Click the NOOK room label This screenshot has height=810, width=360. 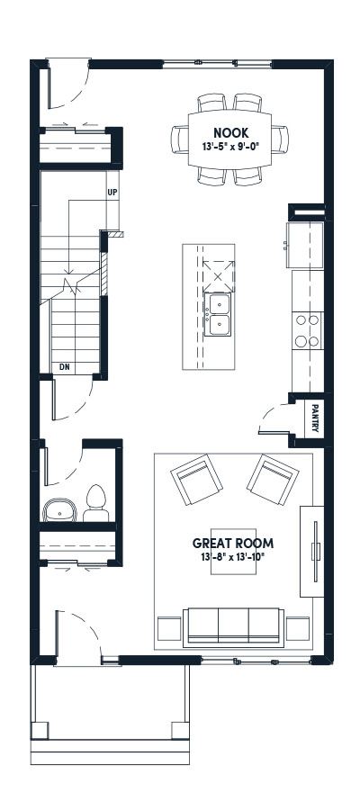click(x=229, y=133)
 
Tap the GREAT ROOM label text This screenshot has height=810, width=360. click(x=233, y=543)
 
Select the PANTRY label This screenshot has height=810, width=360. click(x=314, y=418)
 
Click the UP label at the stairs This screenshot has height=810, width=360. click(x=112, y=193)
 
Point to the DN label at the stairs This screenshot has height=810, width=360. click(x=65, y=367)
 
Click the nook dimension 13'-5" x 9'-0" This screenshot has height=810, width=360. click(x=229, y=147)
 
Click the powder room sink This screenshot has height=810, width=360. click(x=60, y=509)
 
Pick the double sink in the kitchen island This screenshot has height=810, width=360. click(x=218, y=314)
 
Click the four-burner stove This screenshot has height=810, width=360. click(x=307, y=330)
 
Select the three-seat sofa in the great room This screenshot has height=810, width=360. click(x=233, y=627)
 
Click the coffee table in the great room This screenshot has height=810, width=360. click(x=226, y=551)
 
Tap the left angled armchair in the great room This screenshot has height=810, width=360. click(x=197, y=480)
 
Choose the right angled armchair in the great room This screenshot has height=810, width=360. click(x=273, y=480)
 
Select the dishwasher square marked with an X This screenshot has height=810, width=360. click(x=219, y=276)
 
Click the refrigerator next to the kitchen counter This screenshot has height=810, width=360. click(x=305, y=245)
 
